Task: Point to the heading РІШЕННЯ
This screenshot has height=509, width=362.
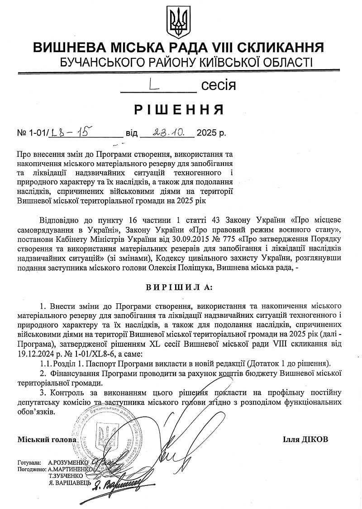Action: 181,110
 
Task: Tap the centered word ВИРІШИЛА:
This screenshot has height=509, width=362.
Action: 181,287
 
